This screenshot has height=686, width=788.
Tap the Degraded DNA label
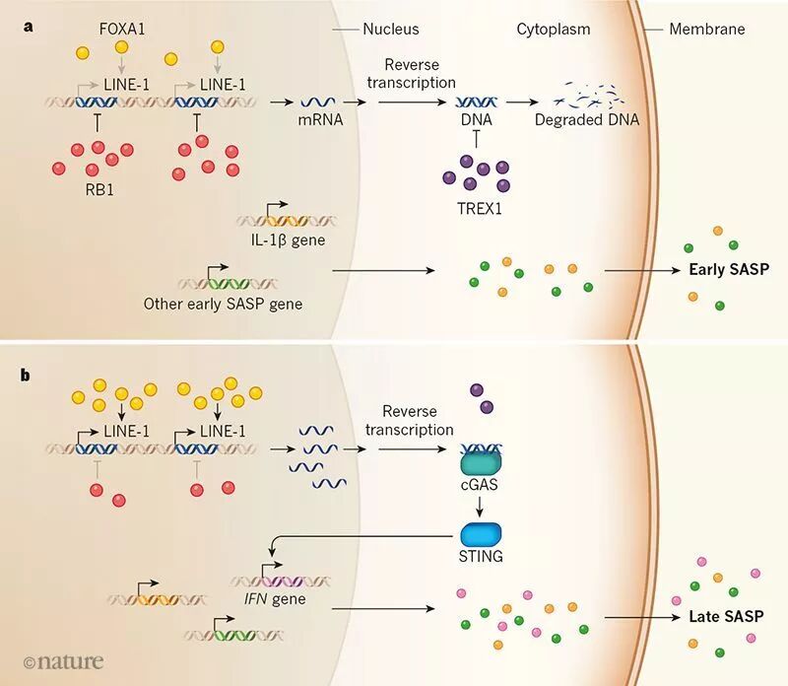click(x=586, y=120)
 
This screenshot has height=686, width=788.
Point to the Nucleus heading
click(x=391, y=30)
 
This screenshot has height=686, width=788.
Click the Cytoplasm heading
click(x=554, y=30)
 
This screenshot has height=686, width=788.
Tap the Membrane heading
click(x=707, y=30)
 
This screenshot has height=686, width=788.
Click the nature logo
click(x=62, y=661)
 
